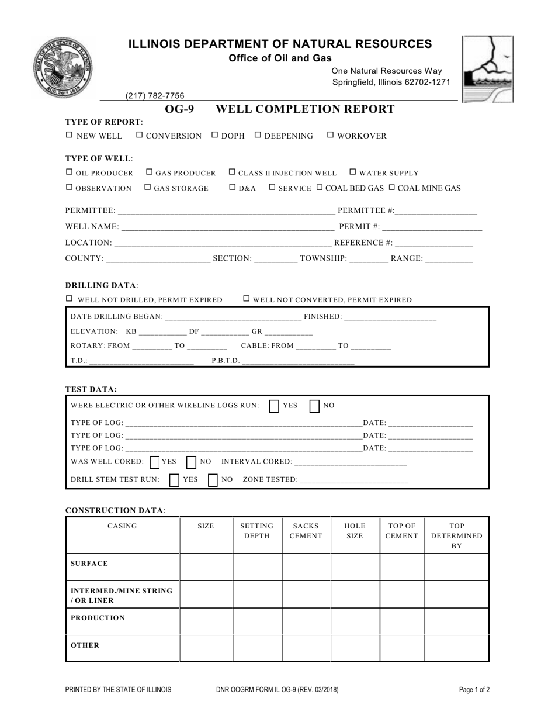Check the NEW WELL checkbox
(x=70, y=135)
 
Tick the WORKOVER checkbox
(x=331, y=135)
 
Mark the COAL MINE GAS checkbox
(x=392, y=187)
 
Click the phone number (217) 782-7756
(x=155, y=96)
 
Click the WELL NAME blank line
(x=227, y=227)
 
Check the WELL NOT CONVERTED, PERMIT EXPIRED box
(x=247, y=299)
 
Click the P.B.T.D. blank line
(x=297, y=361)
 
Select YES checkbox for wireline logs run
(x=274, y=406)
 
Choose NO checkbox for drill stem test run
(x=213, y=480)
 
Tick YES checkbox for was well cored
(x=154, y=462)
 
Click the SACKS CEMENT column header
(x=307, y=531)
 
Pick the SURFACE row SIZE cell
(x=206, y=566)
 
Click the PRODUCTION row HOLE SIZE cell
(x=355, y=621)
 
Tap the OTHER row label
(x=85, y=645)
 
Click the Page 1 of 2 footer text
(x=474, y=690)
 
